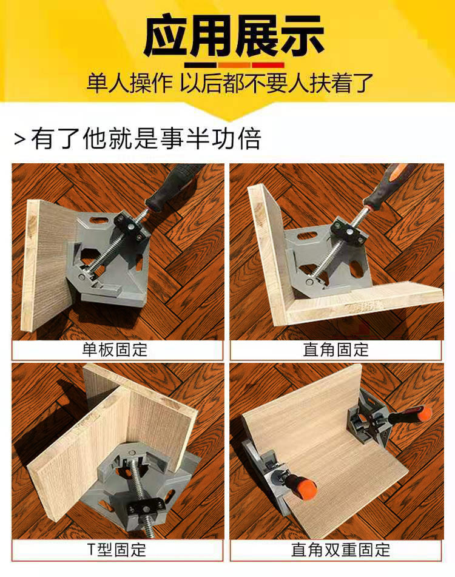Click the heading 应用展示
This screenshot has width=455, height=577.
tap(234, 35)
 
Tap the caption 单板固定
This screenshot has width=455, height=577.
tap(115, 349)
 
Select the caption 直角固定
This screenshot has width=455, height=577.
tap(336, 349)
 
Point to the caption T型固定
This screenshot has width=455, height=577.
tap(116, 550)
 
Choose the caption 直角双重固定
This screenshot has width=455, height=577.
tap(340, 550)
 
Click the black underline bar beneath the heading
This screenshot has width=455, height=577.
tap(200, 65)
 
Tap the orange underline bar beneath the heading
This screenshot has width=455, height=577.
tap(234, 65)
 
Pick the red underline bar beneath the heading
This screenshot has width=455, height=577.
tap(268, 65)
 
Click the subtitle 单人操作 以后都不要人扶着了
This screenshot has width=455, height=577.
tap(230, 84)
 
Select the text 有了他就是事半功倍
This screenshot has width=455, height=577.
tap(146, 139)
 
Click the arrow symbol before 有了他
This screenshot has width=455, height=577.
tap(20, 139)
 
